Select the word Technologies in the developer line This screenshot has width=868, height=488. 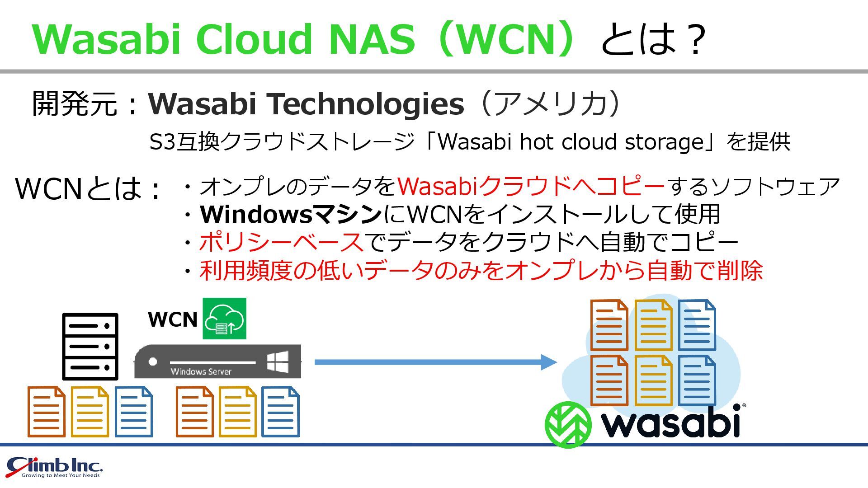click(367, 104)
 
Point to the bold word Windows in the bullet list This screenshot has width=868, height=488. click(256, 214)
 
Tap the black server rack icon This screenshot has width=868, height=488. click(90, 346)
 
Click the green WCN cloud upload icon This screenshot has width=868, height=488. click(224, 319)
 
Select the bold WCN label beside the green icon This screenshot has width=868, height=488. click(173, 319)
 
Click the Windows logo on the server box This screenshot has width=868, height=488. click(278, 361)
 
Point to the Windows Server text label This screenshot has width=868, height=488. click(201, 371)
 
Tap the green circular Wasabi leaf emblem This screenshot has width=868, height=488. click(568, 424)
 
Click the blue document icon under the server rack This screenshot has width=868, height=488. click(134, 412)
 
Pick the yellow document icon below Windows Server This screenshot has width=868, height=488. click(238, 412)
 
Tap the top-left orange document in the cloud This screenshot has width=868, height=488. click(609, 325)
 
